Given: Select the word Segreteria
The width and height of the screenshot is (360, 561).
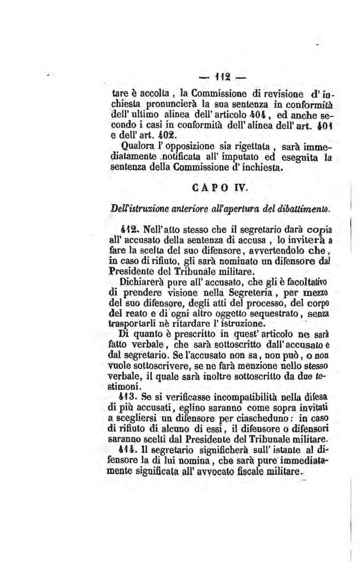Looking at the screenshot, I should [x=243, y=292].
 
